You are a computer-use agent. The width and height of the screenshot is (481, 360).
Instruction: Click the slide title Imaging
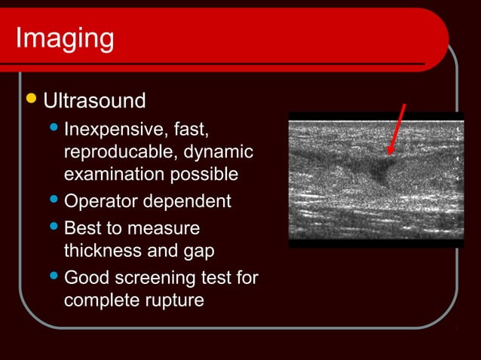tap(64, 38)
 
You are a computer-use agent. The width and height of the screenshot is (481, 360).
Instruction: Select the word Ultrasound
tap(94, 100)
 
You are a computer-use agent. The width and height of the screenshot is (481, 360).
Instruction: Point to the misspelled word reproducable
tap(118, 152)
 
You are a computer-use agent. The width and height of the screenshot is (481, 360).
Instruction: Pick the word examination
tap(112, 175)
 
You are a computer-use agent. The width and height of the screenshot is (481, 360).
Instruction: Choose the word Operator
tap(98, 202)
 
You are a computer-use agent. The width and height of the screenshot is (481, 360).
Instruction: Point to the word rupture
tap(177, 301)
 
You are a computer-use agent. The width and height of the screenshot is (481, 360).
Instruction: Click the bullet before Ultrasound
tap(30, 99)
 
